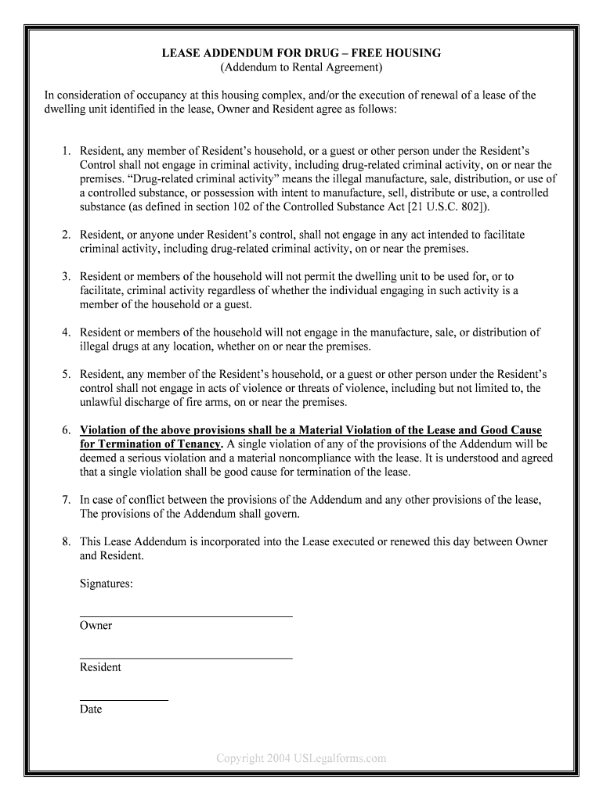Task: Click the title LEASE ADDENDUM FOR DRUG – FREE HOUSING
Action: [301, 53]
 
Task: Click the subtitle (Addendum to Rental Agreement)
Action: [301, 67]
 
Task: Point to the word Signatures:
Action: [107, 584]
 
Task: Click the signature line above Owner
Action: [186, 616]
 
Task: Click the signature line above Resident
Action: [186, 659]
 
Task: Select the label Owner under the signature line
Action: [96, 626]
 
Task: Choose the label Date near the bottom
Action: [91, 709]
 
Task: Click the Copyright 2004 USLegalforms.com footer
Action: [301, 758]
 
